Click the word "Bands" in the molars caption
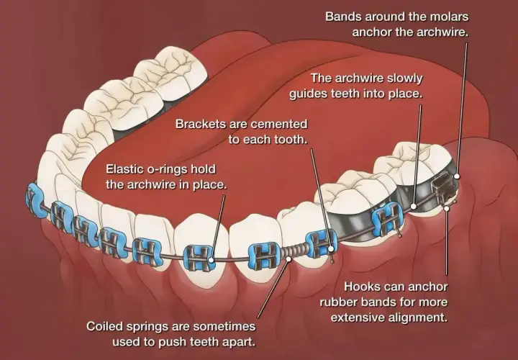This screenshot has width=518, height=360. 343,17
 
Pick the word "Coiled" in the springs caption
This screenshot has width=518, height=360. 104,327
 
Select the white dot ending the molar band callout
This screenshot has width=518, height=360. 457,176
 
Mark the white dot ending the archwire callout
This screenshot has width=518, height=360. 414,207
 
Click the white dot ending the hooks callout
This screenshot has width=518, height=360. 447,208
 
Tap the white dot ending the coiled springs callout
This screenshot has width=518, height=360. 289,259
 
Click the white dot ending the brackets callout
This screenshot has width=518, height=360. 331,248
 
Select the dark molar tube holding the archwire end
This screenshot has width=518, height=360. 443,188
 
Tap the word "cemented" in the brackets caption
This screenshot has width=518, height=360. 279,125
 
